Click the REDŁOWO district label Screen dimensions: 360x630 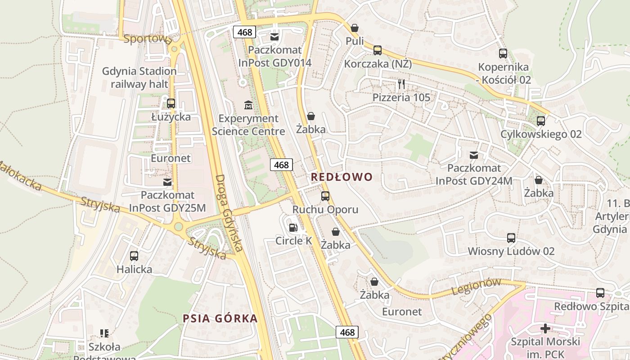[x=342, y=177]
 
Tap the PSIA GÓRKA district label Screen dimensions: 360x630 [x=220, y=319]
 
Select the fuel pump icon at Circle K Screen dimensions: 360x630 [x=293, y=228]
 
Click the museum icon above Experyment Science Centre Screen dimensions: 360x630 [x=248, y=105]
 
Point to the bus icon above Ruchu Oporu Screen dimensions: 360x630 [x=325, y=196]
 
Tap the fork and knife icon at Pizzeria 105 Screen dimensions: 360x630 [x=401, y=84]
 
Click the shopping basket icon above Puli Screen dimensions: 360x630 [x=355, y=28]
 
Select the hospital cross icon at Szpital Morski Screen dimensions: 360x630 [x=545, y=328]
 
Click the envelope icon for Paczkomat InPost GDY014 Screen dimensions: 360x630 [x=274, y=36]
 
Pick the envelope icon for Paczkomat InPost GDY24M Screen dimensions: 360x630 [x=473, y=155]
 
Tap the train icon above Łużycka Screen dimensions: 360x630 [x=171, y=103]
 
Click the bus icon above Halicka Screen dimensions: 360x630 [x=134, y=256]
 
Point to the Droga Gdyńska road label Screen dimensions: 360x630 [x=229, y=212]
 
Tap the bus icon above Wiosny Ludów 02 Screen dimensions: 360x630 [x=511, y=238]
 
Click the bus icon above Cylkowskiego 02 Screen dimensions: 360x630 [x=541, y=121]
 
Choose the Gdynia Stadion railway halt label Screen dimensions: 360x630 [x=139, y=77]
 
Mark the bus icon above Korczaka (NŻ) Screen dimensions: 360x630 [x=378, y=50]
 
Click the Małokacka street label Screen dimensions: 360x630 [x=20, y=175]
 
